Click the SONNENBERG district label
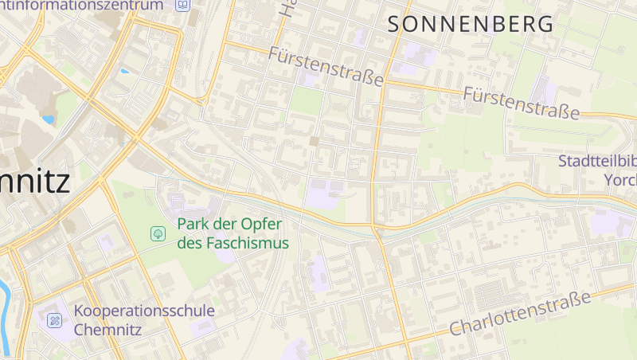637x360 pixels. [x=470, y=24]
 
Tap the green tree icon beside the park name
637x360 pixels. [x=158, y=233]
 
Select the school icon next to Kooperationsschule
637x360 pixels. [x=54, y=320]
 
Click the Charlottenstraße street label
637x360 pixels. [x=521, y=313]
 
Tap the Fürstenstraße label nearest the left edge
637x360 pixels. [x=326, y=67]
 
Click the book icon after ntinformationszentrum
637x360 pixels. [x=183, y=5]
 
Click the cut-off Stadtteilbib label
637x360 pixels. [x=597, y=161]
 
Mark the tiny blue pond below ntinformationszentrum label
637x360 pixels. [x=123, y=72]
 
